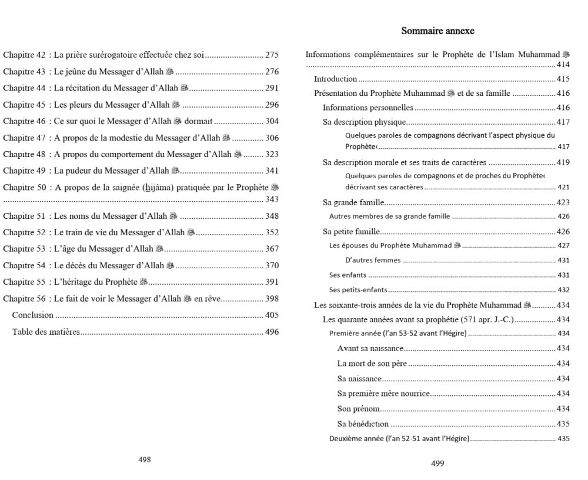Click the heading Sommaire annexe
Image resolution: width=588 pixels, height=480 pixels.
click(x=437, y=31)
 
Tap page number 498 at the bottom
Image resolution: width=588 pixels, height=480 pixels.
click(x=145, y=460)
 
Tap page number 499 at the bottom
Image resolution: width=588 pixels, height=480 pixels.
click(x=437, y=464)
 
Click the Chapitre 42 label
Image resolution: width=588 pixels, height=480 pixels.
click(x=24, y=55)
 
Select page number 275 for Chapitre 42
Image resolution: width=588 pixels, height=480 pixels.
click(x=272, y=55)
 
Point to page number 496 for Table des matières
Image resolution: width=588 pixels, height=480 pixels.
click(x=272, y=332)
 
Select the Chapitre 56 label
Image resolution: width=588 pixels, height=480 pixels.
click(x=24, y=299)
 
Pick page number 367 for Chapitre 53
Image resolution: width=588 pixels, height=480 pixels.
click(x=272, y=249)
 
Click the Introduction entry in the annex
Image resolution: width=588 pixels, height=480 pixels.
click(x=335, y=79)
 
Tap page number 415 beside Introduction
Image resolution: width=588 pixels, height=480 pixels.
click(x=563, y=79)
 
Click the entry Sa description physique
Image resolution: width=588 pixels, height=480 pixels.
click(x=365, y=122)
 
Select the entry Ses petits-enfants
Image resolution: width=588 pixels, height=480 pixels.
click(x=358, y=290)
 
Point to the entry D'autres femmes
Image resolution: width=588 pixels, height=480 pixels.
click(x=373, y=260)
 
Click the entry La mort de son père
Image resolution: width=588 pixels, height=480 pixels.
click(x=372, y=364)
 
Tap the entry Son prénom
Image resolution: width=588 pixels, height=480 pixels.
click(x=358, y=409)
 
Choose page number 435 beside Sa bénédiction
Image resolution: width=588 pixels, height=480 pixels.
click(x=563, y=424)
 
